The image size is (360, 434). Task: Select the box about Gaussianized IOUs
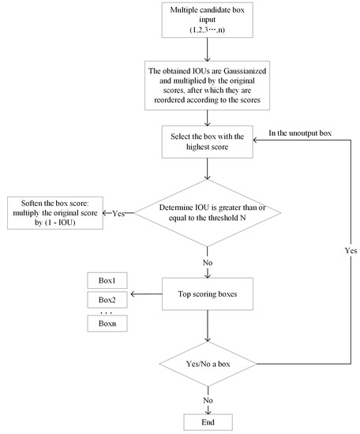[x=207, y=88]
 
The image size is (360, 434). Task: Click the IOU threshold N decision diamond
[x=207, y=212]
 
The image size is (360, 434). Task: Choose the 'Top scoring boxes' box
[x=207, y=295]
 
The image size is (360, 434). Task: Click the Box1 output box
[x=107, y=280]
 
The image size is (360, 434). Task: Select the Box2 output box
[x=107, y=301]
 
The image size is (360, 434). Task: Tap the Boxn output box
[x=107, y=324]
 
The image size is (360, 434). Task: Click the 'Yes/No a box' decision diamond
[x=207, y=364]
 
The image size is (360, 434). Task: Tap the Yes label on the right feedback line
[x=351, y=250]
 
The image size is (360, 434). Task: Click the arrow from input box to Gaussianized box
[x=207, y=53]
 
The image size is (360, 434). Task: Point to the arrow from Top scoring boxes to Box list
[x=147, y=295]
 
